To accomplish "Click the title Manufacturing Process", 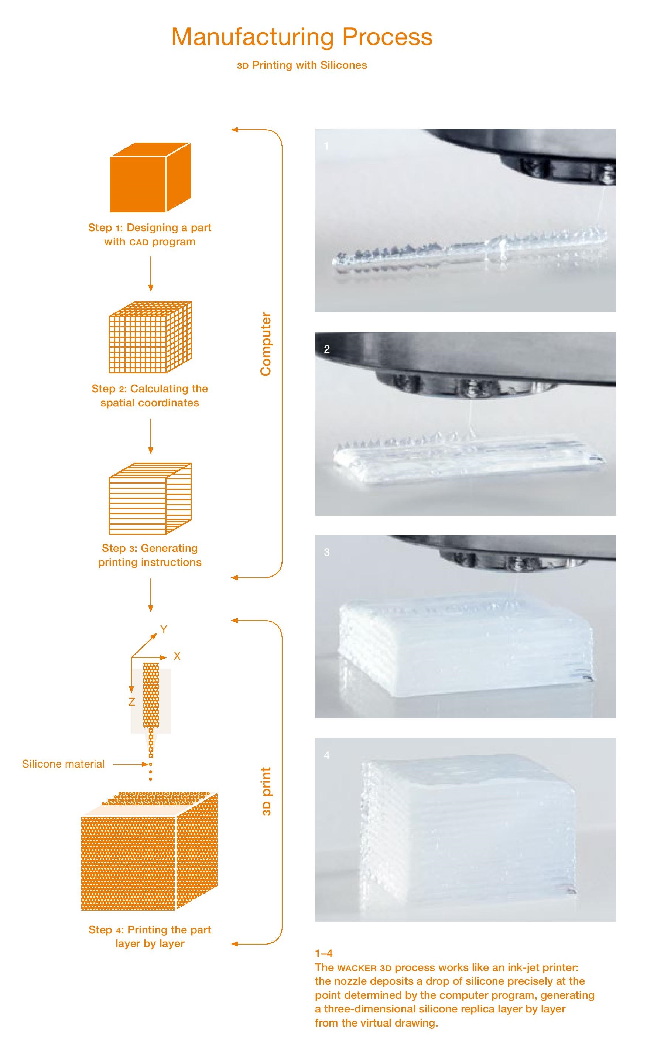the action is pos(302,37).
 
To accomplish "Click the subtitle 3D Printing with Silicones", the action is pos(302,65).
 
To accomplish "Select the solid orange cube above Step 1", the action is pos(150,178).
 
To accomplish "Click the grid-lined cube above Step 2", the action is pos(150,337).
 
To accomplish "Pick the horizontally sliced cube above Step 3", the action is pos(150,499).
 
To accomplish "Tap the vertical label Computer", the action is pos(266,344).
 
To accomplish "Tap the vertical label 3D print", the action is pos(266,791).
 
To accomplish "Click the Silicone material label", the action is pos(63,764).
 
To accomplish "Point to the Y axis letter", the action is pos(164,629).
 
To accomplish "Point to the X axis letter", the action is pos(177,656).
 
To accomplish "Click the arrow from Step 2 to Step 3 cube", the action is pos(151,436).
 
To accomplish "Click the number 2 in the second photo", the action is pos(327,349).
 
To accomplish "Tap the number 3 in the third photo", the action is pos(327,552).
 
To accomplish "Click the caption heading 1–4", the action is pos(323,953).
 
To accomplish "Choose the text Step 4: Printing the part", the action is pos(150,930).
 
